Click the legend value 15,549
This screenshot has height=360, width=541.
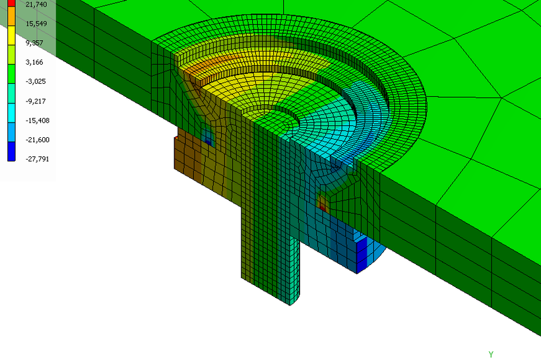tap(36, 24)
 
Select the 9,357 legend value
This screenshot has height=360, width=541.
tap(34, 43)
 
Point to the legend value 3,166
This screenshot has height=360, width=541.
tap(34, 62)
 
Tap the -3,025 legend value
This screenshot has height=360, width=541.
tap(36, 81)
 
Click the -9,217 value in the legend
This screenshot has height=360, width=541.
tap(36, 101)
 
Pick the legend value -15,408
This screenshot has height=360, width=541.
tap(38, 121)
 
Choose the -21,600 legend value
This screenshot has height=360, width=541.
tap(38, 140)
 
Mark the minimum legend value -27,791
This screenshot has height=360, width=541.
tap(38, 159)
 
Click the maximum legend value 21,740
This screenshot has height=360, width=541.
tap(36, 4)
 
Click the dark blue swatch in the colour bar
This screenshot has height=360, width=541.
tap(11, 151)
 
